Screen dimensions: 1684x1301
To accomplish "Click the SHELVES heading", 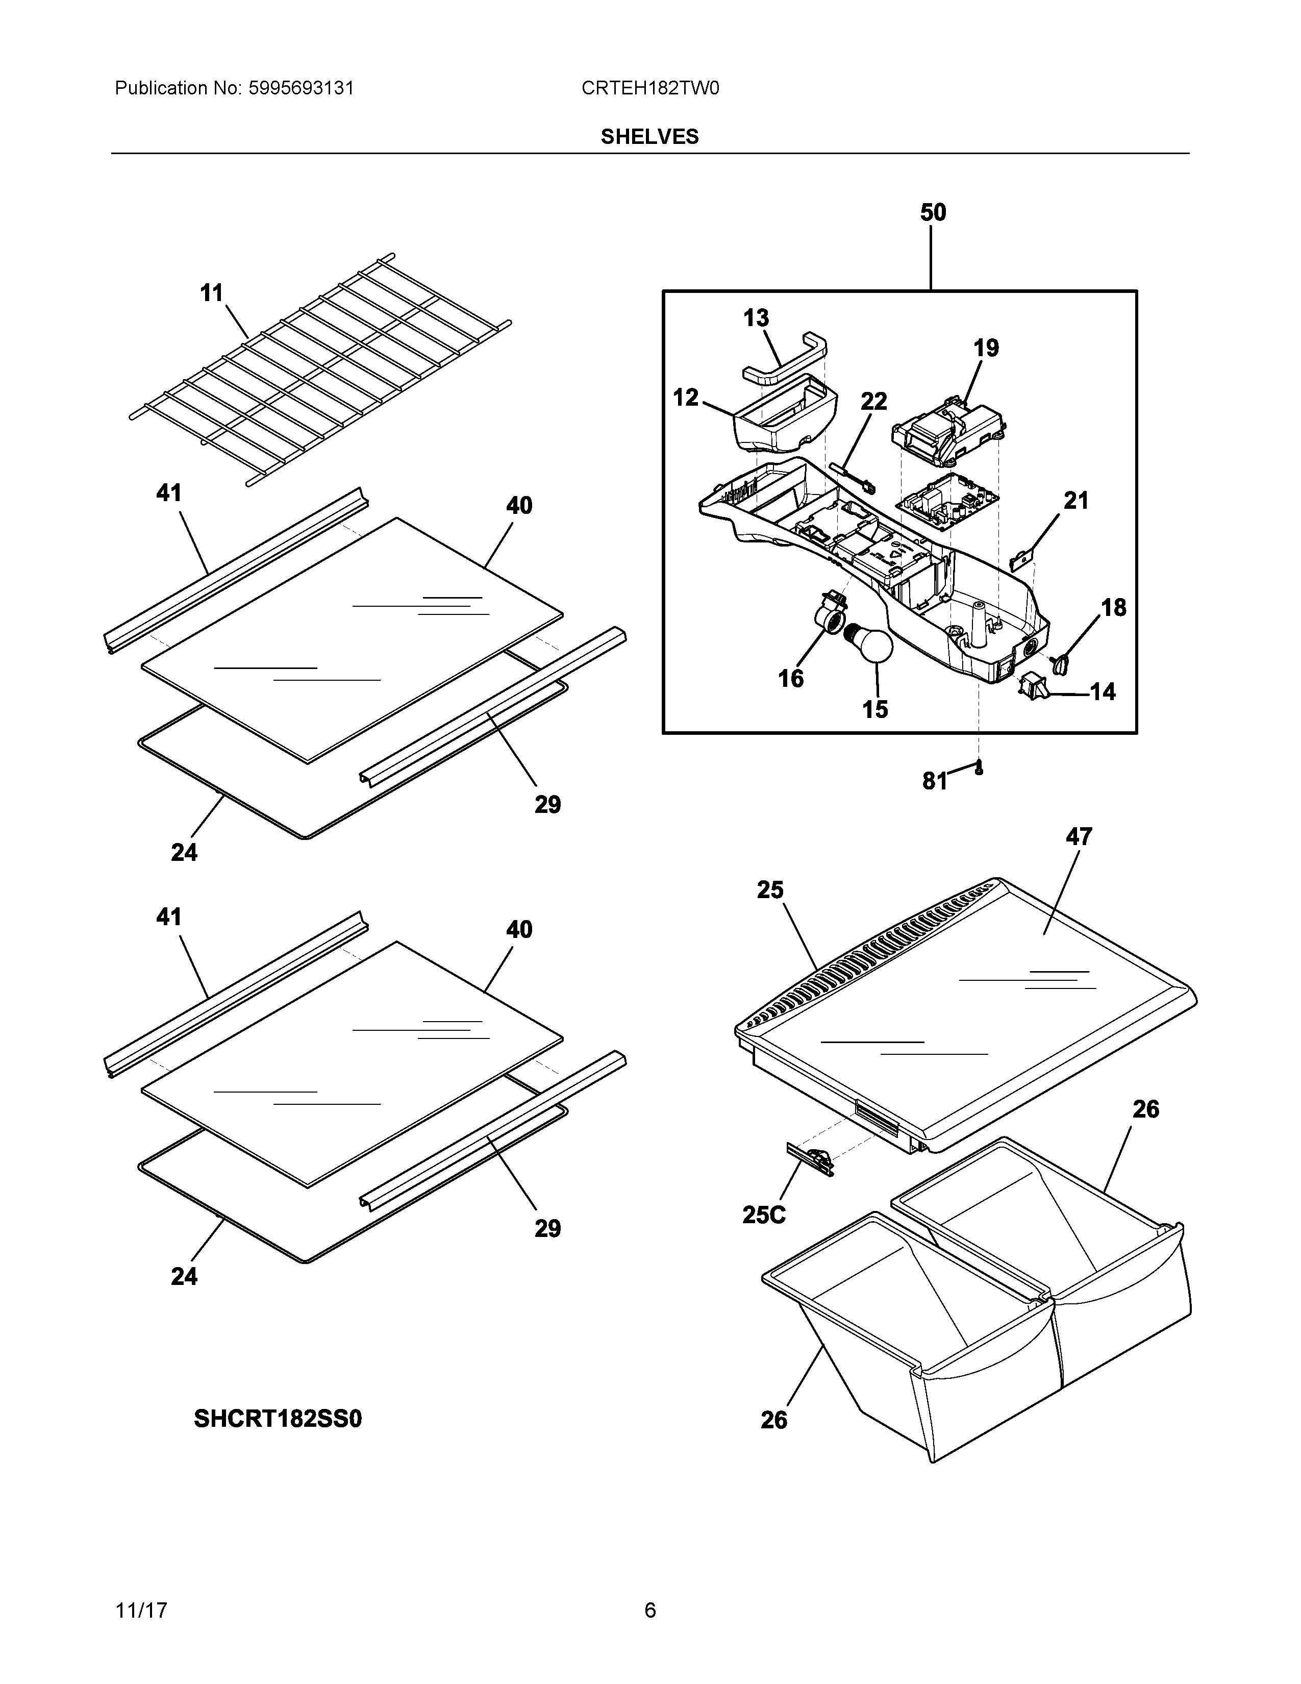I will coord(649,136).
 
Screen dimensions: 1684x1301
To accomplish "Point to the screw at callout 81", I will coord(979,767).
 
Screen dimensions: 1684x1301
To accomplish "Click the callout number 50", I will coord(933,213).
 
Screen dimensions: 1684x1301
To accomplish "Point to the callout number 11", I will coord(211,293).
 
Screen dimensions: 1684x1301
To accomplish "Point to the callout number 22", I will coord(874,401).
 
